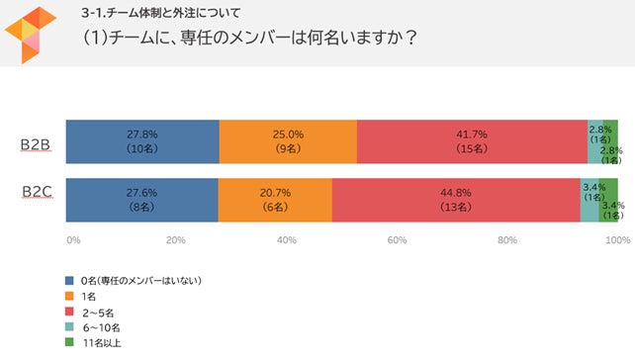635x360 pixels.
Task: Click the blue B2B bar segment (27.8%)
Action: point(142,141)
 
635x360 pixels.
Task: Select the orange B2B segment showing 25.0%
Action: point(288,141)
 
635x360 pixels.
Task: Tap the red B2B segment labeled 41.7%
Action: point(472,141)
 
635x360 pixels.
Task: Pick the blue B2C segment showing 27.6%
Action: point(141,201)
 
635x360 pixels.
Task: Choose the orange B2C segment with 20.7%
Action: point(275,201)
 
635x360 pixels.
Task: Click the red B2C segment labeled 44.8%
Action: point(456,201)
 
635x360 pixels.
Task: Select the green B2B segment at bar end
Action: point(610,141)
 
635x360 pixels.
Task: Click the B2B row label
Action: point(38,144)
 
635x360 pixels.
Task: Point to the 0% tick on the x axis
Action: point(72,239)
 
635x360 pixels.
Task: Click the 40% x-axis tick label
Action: point(287,239)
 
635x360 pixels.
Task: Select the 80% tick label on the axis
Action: point(507,239)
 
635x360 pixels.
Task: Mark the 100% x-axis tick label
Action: point(617,239)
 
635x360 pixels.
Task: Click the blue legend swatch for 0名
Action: point(69,280)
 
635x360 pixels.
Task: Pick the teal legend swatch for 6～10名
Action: point(69,327)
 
